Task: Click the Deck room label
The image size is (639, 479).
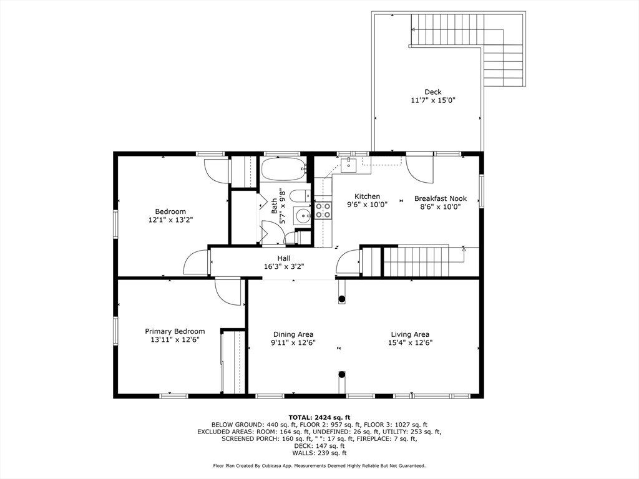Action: pos(432,92)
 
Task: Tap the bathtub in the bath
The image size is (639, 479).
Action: pos(283,169)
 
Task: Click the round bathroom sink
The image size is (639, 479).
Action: pos(303,216)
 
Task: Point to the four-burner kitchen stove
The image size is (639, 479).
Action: pos(323,210)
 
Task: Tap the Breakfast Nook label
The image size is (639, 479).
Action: pos(441,198)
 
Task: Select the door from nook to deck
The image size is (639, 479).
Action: pos(417,167)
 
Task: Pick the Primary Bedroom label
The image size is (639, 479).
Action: pos(175,331)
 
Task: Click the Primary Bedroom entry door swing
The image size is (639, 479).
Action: pos(228,291)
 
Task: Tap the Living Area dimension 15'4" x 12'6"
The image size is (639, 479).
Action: pos(410,342)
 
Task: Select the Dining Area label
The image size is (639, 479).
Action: pos(293,334)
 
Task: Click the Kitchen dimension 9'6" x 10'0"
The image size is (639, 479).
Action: pos(367,205)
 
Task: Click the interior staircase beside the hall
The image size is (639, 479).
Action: pos(415,261)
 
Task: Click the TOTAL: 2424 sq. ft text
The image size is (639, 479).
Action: pos(319,417)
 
